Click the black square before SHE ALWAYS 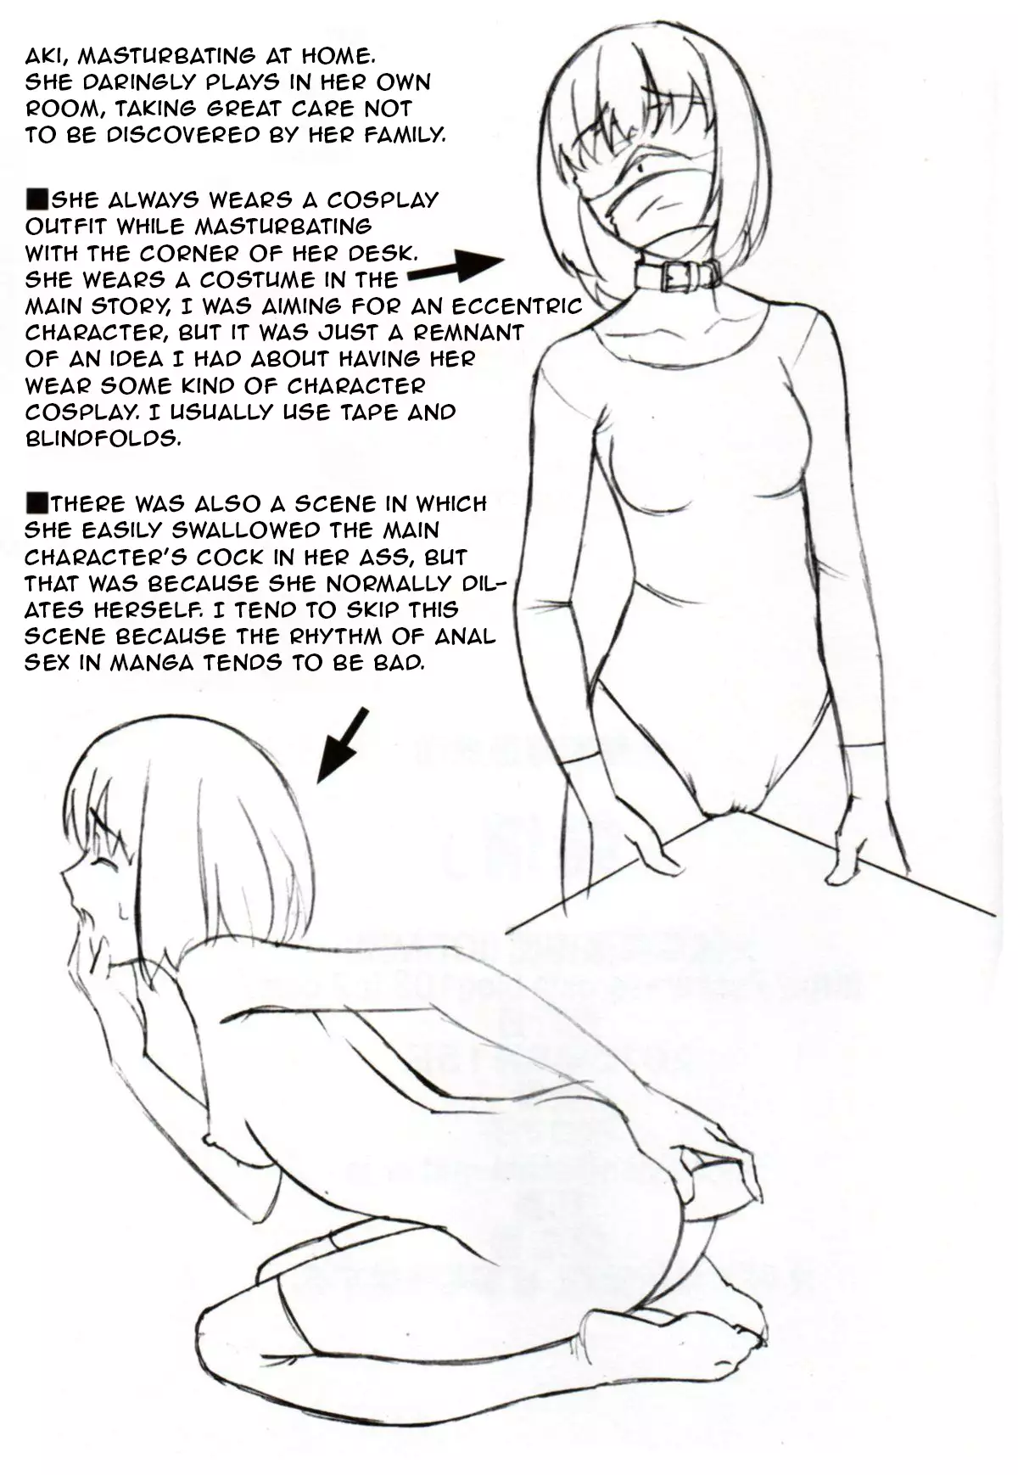point(38,199)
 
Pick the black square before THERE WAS point(38,502)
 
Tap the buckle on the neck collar point(679,274)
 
